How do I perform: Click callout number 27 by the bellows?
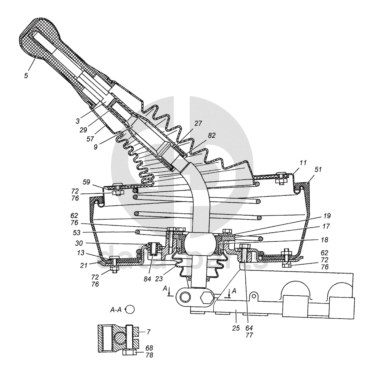point(199,123)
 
